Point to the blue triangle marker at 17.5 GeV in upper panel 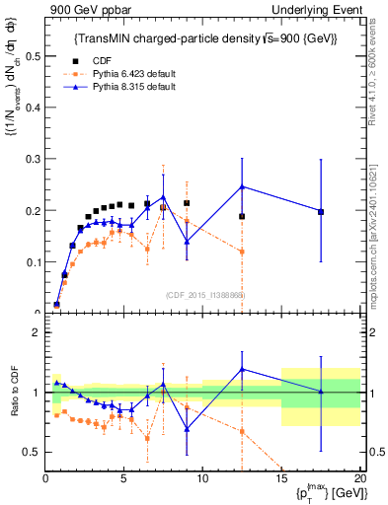(320, 211)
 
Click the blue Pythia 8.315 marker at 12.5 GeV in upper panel (242, 186)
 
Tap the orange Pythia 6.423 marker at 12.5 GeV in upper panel (242, 252)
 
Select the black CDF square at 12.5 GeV (242, 216)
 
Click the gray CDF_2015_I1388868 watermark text (204, 294)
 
